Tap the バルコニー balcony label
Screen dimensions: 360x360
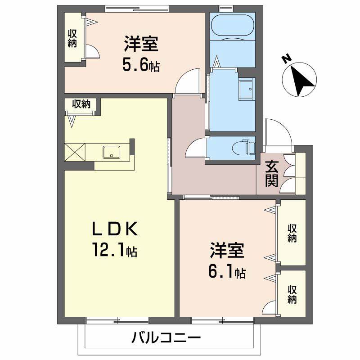(x=166, y=337)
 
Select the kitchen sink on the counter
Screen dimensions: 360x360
(x=111, y=152)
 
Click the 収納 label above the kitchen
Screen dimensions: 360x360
(x=81, y=104)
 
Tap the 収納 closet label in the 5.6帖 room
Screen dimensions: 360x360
(x=72, y=39)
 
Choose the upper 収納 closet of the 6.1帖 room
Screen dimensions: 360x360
(x=292, y=232)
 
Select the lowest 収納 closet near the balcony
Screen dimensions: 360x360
(x=292, y=293)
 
